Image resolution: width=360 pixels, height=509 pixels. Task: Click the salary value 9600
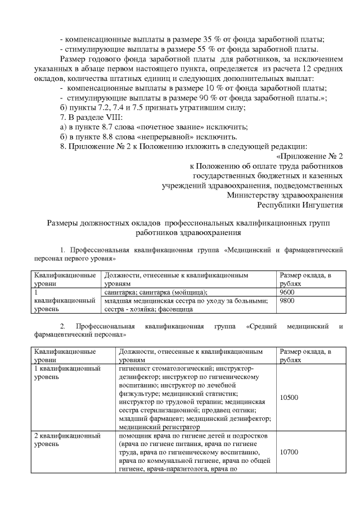coord(287,292)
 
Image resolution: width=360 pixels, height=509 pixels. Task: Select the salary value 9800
coord(287,300)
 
